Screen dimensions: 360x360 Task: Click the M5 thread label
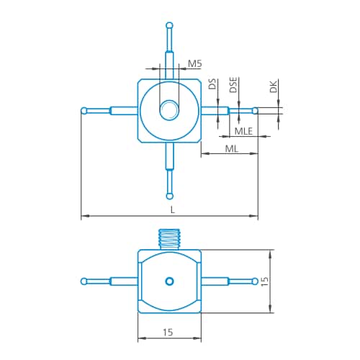[x=194, y=63]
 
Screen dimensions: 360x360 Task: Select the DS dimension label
[x=212, y=84]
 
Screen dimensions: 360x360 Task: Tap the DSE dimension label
[x=233, y=85]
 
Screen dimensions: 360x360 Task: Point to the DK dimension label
[x=274, y=86]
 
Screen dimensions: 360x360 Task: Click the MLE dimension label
[x=243, y=131]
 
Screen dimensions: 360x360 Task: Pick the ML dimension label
[x=232, y=149]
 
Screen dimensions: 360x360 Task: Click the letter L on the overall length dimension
[x=173, y=210]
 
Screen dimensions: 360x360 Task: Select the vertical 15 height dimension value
[x=264, y=282]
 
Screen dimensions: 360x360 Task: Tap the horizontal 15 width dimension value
[x=168, y=333]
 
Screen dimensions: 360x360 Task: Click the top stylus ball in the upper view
[x=169, y=25]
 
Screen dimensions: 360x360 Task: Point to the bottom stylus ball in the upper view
[x=170, y=196]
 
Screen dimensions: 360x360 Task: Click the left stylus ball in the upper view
[x=84, y=111]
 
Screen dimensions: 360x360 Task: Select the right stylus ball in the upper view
[x=256, y=111]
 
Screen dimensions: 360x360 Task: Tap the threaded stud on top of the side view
[x=169, y=239]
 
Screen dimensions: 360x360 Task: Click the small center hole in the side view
[x=169, y=281]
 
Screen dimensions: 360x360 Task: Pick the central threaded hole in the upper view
[x=169, y=111]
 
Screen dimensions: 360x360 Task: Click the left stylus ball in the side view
[x=84, y=281]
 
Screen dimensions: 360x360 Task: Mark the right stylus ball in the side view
[x=256, y=281]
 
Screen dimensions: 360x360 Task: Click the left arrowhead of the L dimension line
[x=85, y=216]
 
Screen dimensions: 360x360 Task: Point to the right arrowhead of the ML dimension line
[x=253, y=153]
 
